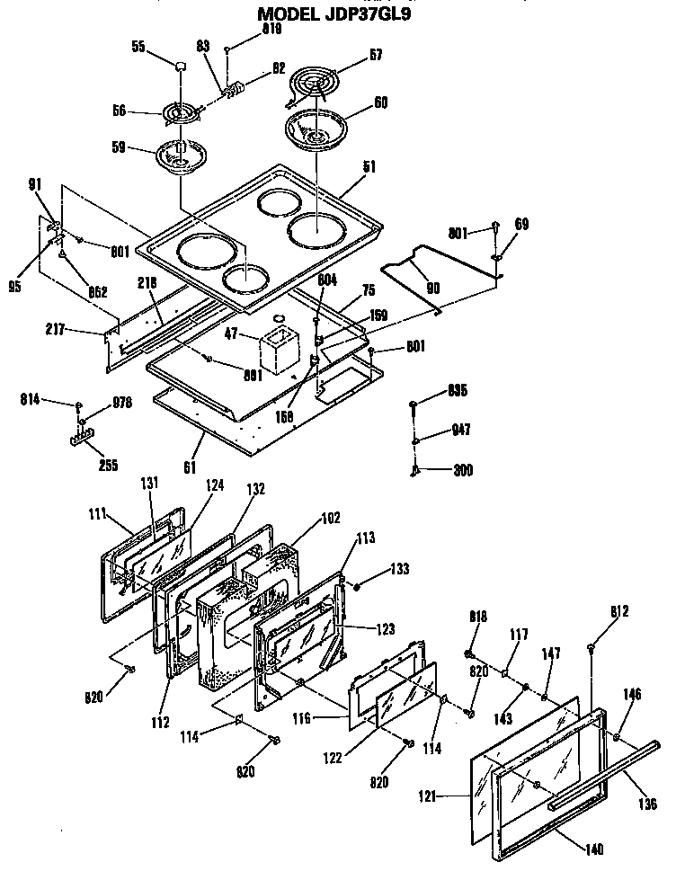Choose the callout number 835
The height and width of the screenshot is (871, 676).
click(x=458, y=391)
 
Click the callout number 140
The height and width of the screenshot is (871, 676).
click(x=593, y=849)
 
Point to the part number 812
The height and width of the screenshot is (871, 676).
click(x=618, y=612)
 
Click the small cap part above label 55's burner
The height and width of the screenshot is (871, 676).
click(x=181, y=67)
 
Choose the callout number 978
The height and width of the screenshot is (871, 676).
click(x=121, y=403)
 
